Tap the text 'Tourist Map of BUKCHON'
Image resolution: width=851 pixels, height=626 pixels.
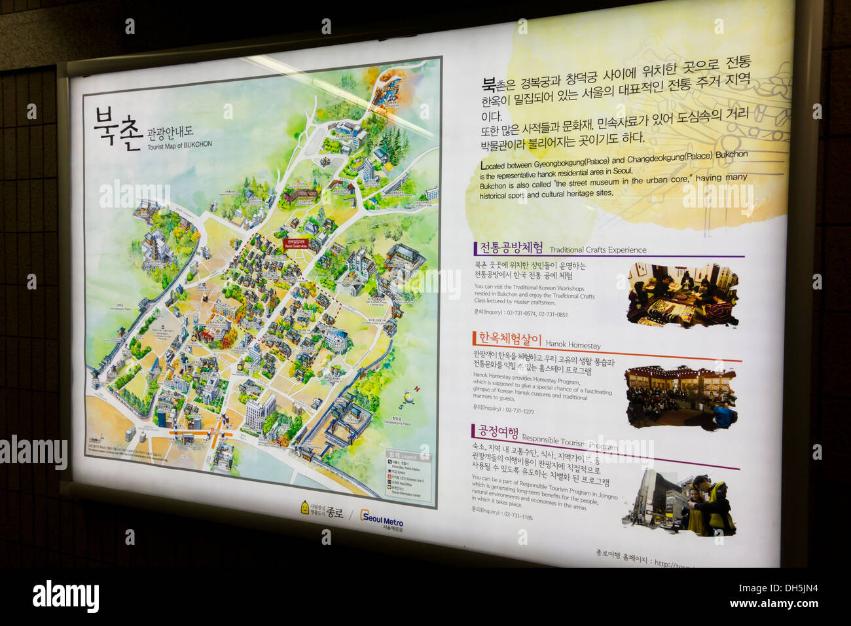(x=179, y=145)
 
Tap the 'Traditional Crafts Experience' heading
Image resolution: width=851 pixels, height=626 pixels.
(x=597, y=249)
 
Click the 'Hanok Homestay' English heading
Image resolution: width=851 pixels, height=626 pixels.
(x=573, y=344)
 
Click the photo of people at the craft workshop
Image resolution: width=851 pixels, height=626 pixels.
(x=681, y=295)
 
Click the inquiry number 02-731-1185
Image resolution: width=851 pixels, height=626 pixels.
(x=517, y=516)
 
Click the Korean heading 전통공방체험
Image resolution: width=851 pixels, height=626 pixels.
(x=511, y=248)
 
